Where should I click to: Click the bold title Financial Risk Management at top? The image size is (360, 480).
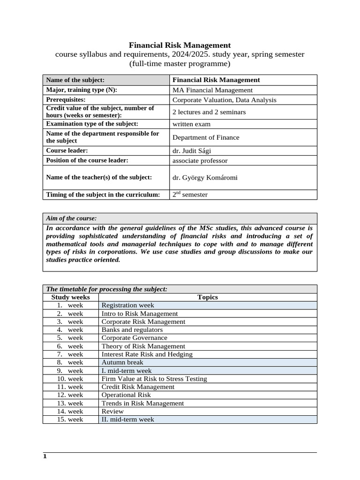click(x=180, y=45)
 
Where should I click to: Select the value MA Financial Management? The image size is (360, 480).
click(x=212, y=90)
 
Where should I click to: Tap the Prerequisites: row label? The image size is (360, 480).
click(x=66, y=100)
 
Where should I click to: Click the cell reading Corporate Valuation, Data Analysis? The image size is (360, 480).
click(x=224, y=100)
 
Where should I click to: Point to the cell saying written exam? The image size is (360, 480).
click(x=191, y=124)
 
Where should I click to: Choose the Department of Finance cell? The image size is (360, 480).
click(x=206, y=137)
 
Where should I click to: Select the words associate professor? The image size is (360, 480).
click(x=200, y=160)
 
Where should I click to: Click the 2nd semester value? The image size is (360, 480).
click(x=190, y=195)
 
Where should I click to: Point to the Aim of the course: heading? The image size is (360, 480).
click(x=71, y=218)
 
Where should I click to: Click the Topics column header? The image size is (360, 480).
click(x=208, y=297)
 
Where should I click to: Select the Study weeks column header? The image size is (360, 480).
click(x=70, y=297)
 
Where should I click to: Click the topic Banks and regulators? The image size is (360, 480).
click(x=132, y=330)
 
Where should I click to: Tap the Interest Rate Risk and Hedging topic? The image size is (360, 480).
click(x=147, y=354)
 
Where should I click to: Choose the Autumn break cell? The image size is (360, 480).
click(x=122, y=362)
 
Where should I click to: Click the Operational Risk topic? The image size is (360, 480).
click(x=126, y=395)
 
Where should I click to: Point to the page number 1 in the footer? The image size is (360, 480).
click(x=45, y=456)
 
